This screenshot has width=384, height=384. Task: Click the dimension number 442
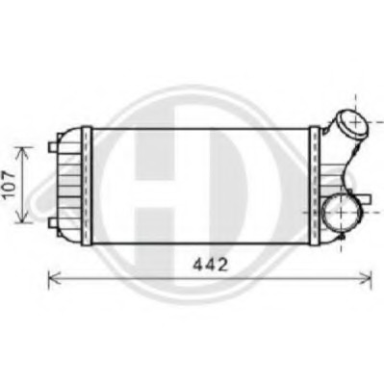click(209, 263)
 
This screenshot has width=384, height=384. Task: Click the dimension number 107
click(9, 184)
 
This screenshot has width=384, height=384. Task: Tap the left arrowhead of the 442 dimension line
click(52, 278)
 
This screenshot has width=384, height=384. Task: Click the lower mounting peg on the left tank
click(51, 222)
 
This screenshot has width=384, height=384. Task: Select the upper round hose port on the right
click(350, 124)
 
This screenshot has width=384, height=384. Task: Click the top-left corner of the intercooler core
click(80, 126)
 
